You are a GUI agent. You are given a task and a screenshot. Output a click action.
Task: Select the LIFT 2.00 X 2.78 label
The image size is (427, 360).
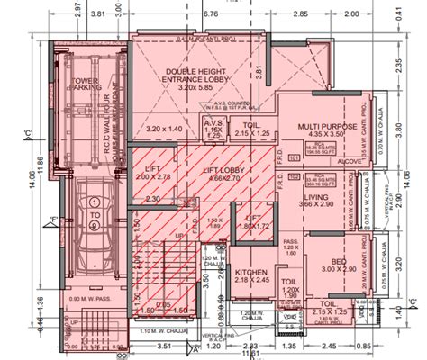click(150, 177)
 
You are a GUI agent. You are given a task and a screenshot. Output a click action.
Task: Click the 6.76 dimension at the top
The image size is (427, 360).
click(213, 15)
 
